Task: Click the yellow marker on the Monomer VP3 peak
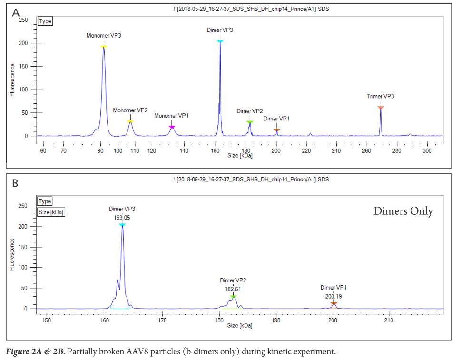tap(104, 46)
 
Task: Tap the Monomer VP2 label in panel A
tap(130, 110)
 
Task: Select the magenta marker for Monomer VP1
tap(172, 127)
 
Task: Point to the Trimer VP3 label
tap(380, 96)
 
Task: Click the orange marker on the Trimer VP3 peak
tap(380, 108)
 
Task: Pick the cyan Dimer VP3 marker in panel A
tap(220, 41)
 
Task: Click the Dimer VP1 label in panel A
tap(276, 119)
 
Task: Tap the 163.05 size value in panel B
tap(122, 217)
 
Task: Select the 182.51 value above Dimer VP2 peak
tap(233, 289)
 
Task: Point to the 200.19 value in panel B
tap(333, 296)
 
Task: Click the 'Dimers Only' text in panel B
tap(403, 211)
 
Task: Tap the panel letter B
tap(15, 183)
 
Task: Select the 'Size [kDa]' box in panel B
tap(51, 211)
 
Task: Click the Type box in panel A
tap(45, 21)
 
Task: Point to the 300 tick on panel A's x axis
tap(427, 150)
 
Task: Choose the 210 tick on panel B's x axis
tap(389, 320)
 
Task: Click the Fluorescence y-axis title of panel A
tap(12, 80)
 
